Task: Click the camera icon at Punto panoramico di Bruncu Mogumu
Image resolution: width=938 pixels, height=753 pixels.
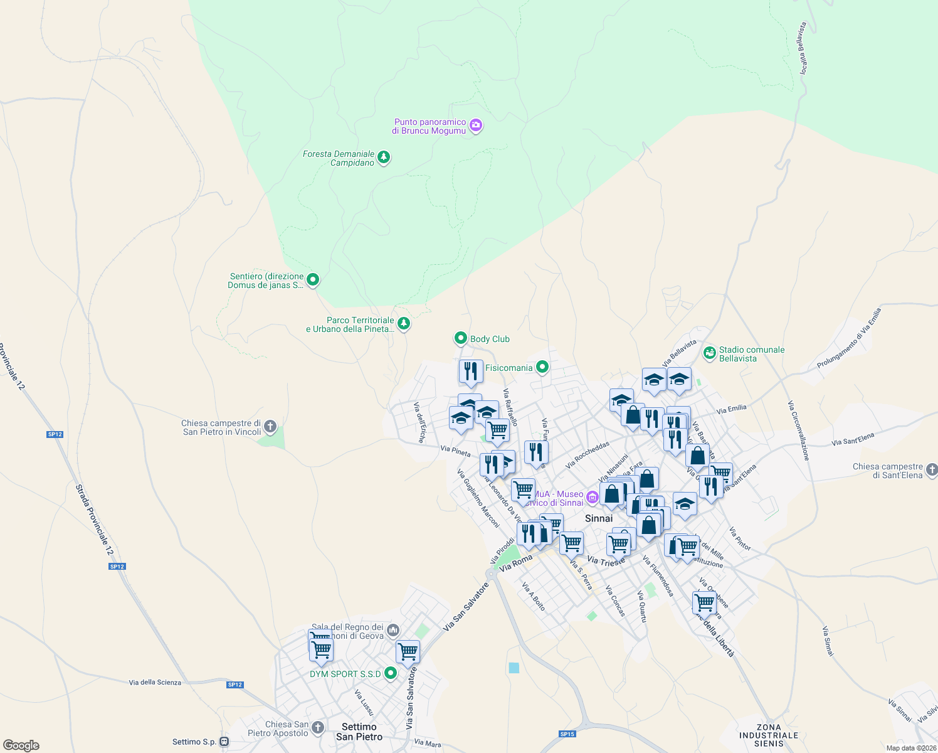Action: (476, 125)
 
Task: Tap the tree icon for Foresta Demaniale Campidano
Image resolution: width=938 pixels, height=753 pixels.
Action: (384, 157)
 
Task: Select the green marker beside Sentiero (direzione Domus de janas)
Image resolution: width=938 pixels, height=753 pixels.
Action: (313, 280)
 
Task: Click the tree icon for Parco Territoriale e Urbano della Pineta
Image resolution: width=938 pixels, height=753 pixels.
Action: (404, 324)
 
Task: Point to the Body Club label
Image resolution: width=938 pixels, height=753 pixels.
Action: (490, 339)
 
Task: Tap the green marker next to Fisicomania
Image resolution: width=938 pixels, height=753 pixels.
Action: (542, 367)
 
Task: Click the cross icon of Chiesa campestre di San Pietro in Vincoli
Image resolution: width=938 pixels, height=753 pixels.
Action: (270, 427)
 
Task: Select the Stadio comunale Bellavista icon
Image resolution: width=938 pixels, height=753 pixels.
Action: (710, 353)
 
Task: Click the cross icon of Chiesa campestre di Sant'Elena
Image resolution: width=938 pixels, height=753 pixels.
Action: (932, 470)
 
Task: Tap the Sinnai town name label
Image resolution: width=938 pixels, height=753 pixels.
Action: (599, 518)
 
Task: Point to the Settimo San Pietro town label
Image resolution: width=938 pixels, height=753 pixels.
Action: (359, 732)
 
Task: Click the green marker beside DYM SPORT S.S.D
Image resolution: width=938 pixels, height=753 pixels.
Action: (391, 673)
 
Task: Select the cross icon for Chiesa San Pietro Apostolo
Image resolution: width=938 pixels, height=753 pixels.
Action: (318, 727)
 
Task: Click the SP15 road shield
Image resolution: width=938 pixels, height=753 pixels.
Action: (567, 734)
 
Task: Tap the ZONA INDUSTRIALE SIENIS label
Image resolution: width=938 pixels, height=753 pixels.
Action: (769, 735)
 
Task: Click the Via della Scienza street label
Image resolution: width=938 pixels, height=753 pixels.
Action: (155, 683)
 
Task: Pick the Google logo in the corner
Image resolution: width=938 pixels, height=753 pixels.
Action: (21, 745)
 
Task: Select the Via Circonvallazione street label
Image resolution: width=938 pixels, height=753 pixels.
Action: (799, 430)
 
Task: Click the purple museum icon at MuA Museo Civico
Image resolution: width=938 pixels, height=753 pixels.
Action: (593, 498)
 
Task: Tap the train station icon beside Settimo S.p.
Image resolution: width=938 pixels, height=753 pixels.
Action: (224, 742)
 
